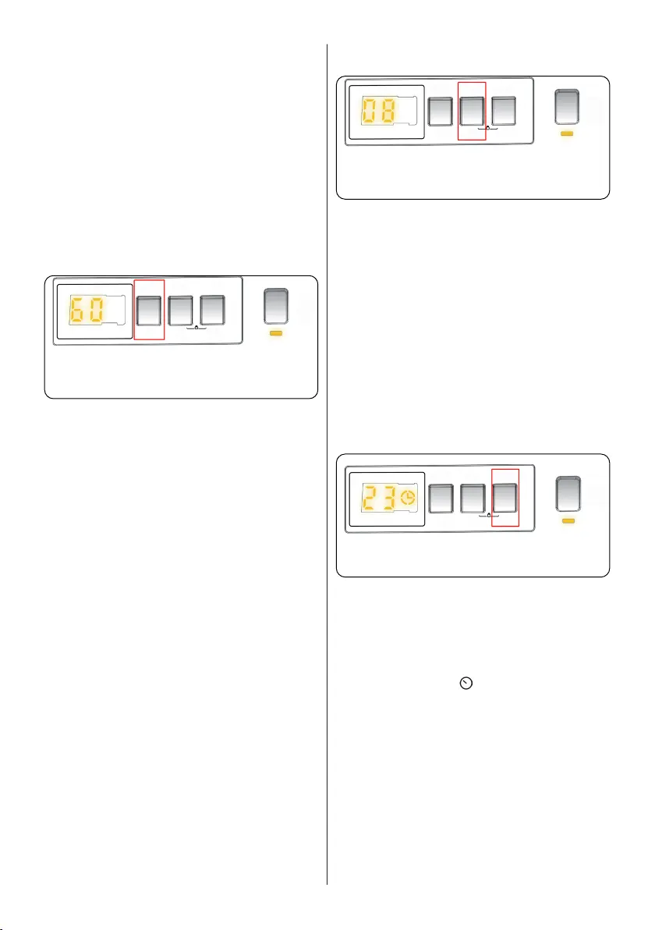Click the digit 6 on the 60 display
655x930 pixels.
tap(77, 311)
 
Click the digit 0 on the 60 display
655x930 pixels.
tap(101, 311)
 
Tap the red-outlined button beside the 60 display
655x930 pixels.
tap(150, 310)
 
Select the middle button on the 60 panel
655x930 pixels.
tap(182, 310)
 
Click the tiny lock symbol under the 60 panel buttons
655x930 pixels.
tap(196, 328)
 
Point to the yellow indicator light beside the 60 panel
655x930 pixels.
tap(276, 334)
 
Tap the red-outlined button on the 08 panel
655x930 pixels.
tap(472, 112)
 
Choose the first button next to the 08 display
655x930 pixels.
tap(441, 112)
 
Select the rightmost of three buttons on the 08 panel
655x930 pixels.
tap(503, 112)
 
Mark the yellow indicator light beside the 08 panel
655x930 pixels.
tap(567, 135)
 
